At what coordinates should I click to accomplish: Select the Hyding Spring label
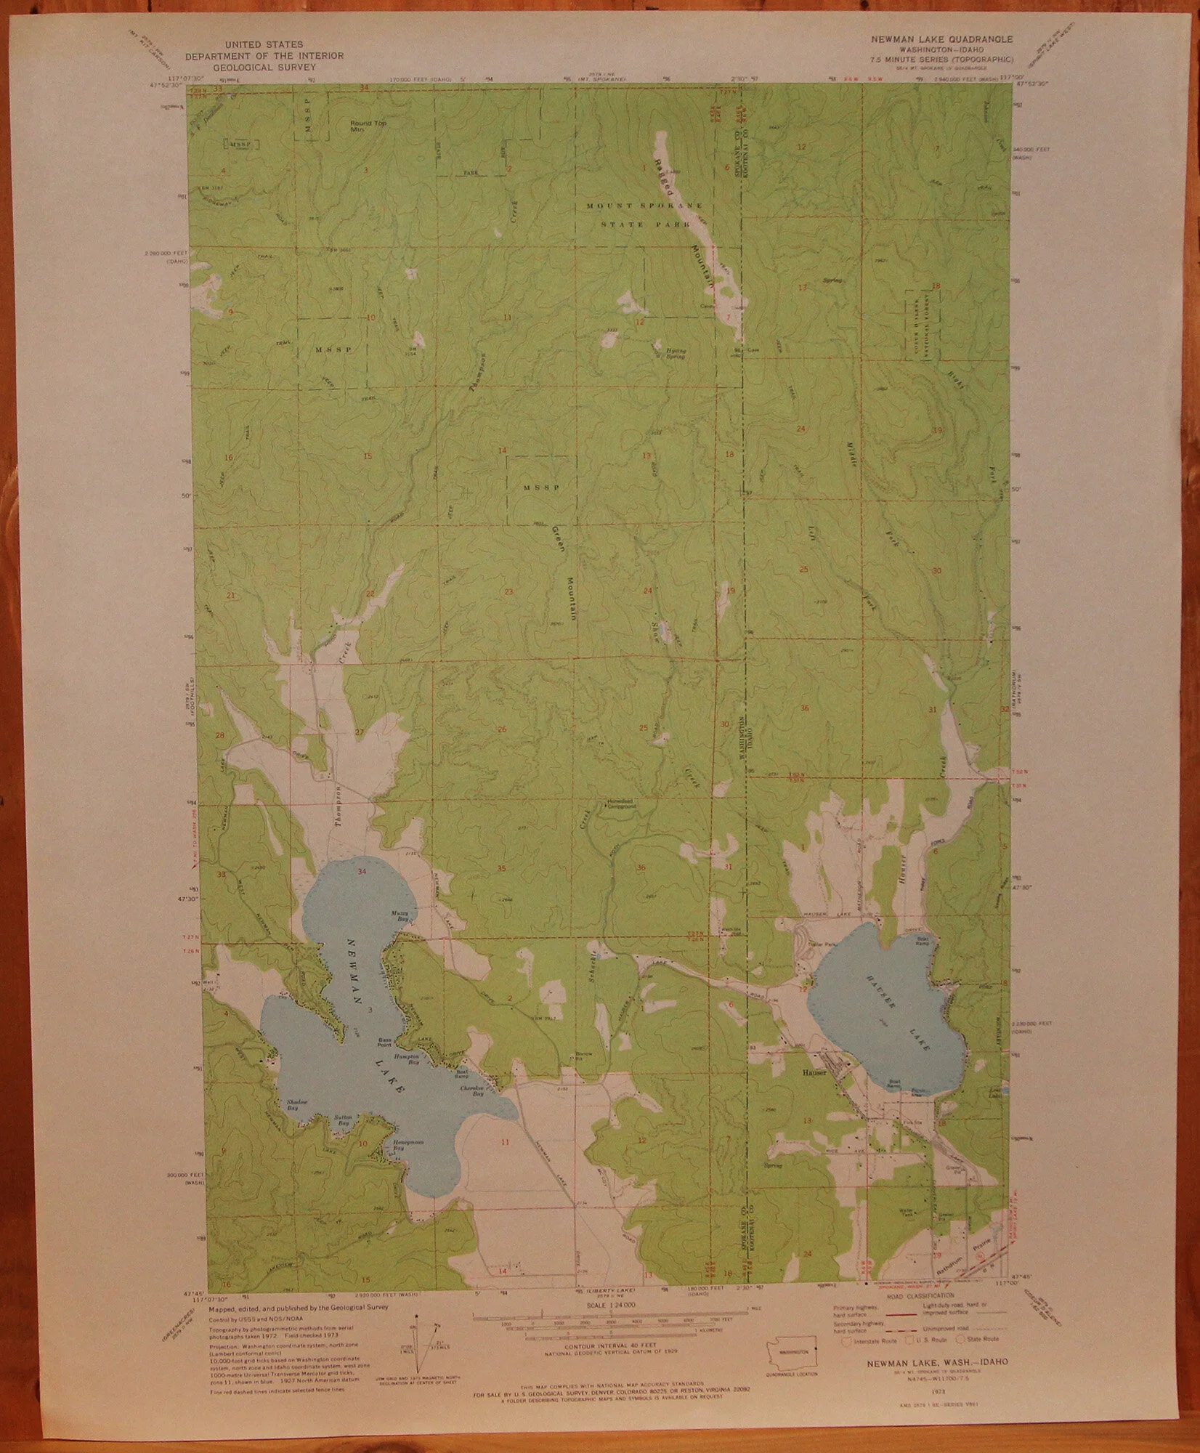tap(676, 354)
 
